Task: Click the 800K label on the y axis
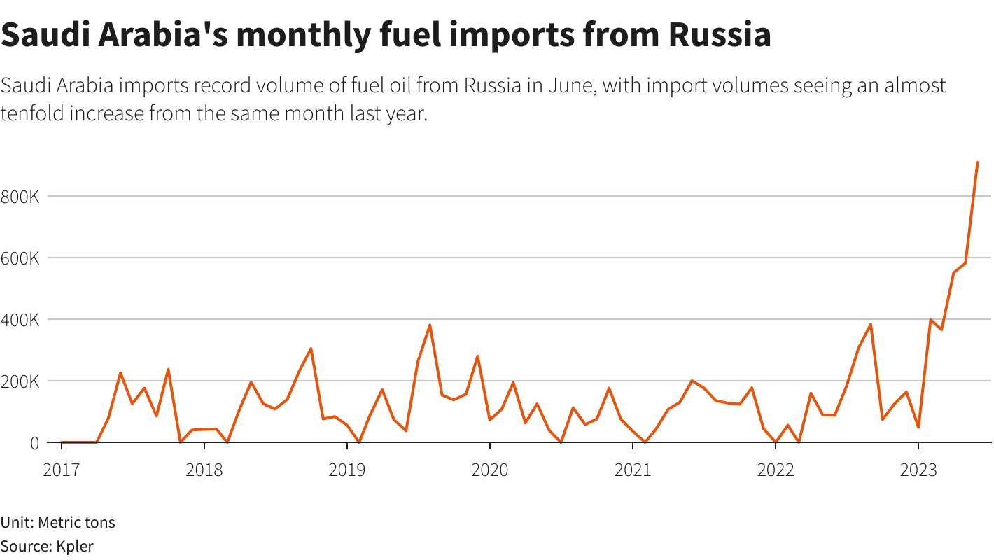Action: (20, 197)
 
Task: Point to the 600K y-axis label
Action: (20, 258)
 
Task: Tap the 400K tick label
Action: (20, 320)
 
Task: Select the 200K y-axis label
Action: (20, 381)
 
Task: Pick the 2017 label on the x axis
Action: (62, 470)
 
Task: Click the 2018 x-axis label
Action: (204, 470)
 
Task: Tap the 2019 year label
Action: (347, 470)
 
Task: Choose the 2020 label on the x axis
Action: (490, 470)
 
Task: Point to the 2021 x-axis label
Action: (633, 470)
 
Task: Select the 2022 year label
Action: (776, 470)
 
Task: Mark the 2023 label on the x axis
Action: (918, 470)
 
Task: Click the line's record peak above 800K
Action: (977, 162)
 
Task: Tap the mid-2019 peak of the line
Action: (430, 325)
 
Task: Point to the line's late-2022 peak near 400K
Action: (870, 324)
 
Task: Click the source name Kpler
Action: (75, 546)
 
